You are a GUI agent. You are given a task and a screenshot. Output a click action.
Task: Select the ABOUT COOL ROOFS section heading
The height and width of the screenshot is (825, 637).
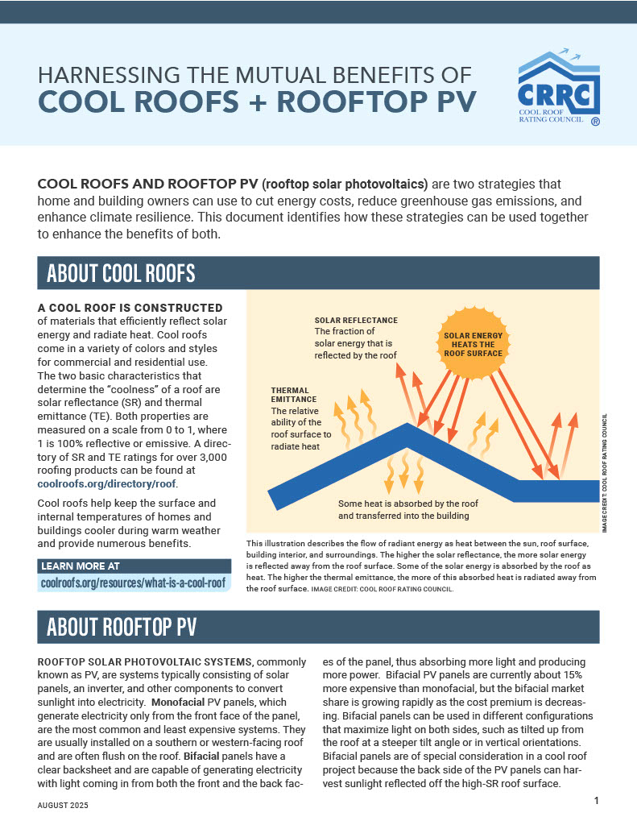click(121, 273)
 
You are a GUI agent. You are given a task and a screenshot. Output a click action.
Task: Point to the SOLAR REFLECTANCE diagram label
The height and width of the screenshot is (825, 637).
click(356, 320)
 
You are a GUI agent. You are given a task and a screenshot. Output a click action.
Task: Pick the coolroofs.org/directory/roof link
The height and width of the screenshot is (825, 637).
click(107, 483)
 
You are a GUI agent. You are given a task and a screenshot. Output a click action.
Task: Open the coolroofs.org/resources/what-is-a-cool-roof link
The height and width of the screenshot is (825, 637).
click(133, 581)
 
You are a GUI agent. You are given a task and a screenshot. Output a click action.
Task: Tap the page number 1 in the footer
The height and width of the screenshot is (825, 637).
click(596, 800)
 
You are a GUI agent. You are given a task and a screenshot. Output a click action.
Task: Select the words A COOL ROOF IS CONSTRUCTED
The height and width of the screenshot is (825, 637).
click(130, 308)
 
